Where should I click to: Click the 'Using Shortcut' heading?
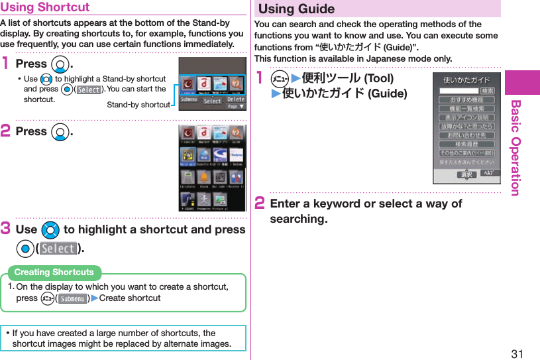45,8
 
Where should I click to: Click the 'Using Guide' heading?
296,9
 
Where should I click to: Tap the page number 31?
517,353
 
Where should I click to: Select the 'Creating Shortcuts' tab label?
54,272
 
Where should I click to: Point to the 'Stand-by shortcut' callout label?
138,105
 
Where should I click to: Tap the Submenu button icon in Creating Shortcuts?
73,298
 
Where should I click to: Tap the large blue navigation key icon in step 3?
50,229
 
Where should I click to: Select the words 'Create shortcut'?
130,298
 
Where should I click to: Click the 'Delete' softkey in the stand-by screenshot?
235,99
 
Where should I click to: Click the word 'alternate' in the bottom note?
173,343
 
